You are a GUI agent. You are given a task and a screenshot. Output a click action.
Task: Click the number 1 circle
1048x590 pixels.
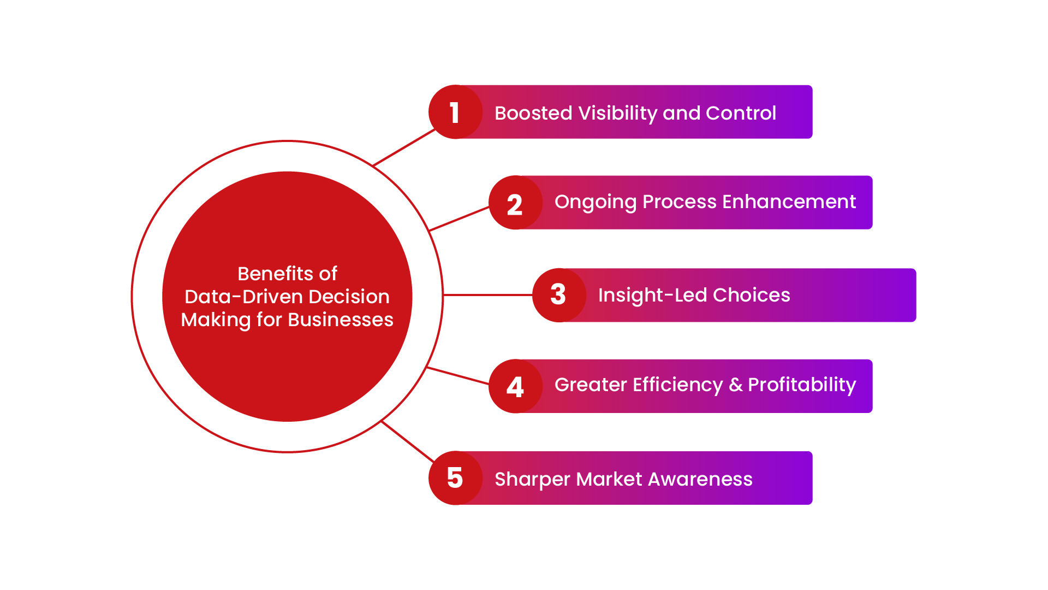coord(455,112)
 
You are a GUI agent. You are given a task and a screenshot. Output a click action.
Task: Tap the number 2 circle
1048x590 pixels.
coord(515,202)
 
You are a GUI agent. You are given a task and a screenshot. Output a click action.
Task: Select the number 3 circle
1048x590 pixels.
coord(559,295)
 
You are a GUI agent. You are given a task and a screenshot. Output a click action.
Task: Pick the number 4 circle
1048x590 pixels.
coord(515,386)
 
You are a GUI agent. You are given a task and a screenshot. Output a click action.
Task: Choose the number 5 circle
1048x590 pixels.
coord(455,478)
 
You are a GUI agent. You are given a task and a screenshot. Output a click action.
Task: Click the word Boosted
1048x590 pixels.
coord(533,113)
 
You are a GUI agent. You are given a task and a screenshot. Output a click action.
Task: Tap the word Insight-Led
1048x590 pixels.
coord(652,295)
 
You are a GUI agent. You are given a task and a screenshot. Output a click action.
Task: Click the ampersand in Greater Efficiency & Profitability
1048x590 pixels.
coord(736,385)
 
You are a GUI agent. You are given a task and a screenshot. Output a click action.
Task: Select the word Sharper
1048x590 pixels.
coord(532,480)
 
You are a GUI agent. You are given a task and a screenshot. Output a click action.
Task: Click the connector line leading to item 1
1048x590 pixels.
coord(404,147)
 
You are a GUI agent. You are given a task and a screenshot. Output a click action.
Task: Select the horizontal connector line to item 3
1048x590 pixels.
coord(488,295)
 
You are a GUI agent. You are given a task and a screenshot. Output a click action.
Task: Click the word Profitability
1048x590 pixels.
coord(802,385)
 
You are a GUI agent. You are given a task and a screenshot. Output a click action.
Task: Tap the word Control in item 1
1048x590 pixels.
coord(741,113)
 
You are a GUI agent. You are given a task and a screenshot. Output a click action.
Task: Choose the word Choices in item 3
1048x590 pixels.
coord(752,295)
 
